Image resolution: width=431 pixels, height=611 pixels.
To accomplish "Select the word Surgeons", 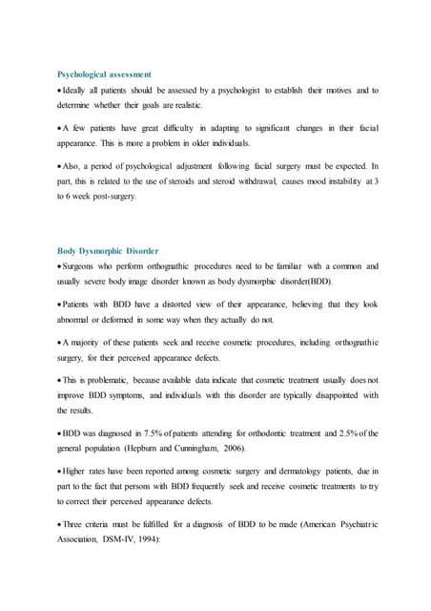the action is pos(84,268).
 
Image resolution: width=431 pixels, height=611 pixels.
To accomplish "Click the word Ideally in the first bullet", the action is pos(77,91).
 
